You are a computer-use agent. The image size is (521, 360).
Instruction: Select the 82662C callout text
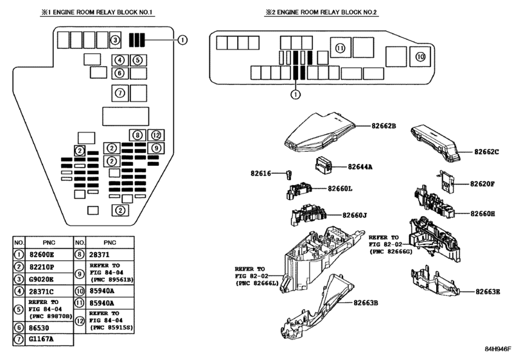coord(487,152)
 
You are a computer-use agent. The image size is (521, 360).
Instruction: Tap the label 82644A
coord(360,166)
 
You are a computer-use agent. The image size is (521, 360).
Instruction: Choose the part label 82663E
coord(488,291)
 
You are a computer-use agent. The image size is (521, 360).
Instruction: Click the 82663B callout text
coord(366,301)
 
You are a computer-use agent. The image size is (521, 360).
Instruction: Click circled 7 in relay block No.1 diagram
coord(119,93)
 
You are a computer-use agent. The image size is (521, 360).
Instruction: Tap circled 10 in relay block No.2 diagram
coord(420,57)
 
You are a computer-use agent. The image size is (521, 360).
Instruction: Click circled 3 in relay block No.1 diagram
coord(114,40)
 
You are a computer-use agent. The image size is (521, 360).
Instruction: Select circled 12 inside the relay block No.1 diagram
coord(156,135)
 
